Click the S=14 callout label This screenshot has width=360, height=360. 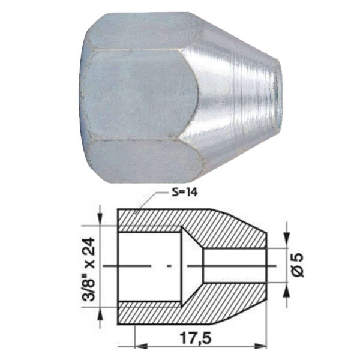click(x=184, y=193)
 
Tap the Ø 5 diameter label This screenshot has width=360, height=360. click(x=298, y=265)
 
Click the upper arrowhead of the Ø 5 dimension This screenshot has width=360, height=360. click(x=286, y=241)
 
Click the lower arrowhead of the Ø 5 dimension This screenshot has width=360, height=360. click(x=286, y=290)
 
